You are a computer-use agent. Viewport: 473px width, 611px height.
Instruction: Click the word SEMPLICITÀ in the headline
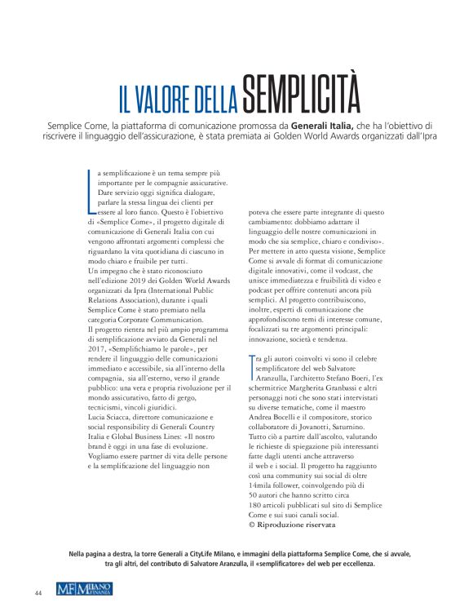tap(301, 96)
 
